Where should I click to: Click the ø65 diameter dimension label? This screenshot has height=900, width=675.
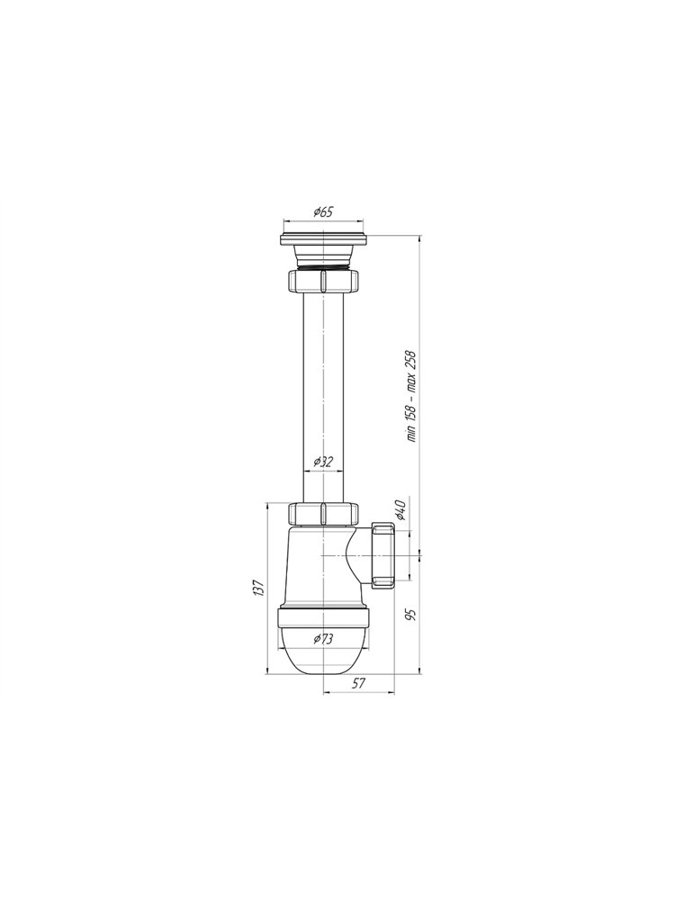tap(323, 211)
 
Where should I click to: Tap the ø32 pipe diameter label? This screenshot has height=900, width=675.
tap(323, 462)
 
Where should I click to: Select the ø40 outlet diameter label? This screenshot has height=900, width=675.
tap(400, 509)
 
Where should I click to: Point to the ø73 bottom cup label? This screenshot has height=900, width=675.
tap(323, 639)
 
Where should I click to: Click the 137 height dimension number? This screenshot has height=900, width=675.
tap(259, 588)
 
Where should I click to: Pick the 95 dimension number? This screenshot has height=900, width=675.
tap(409, 615)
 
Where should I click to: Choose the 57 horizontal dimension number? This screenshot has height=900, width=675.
tap(359, 682)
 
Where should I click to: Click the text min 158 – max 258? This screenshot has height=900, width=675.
tap(411, 396)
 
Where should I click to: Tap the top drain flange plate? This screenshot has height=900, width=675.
tap(323, 239)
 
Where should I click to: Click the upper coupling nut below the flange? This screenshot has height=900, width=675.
tap(323, 281)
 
